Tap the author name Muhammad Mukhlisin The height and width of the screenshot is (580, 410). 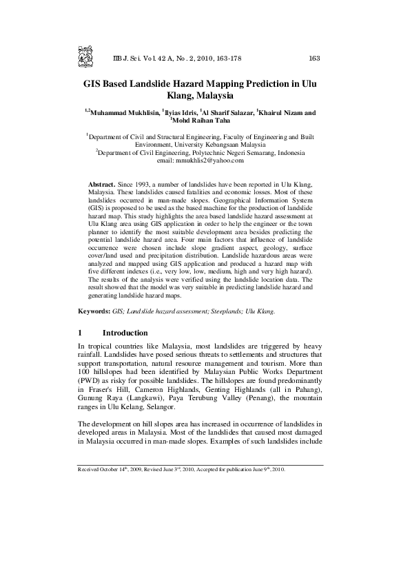click(123, 112)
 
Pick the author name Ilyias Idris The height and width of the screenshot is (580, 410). click(178, 112)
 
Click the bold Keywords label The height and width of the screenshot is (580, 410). click(94, 311)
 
